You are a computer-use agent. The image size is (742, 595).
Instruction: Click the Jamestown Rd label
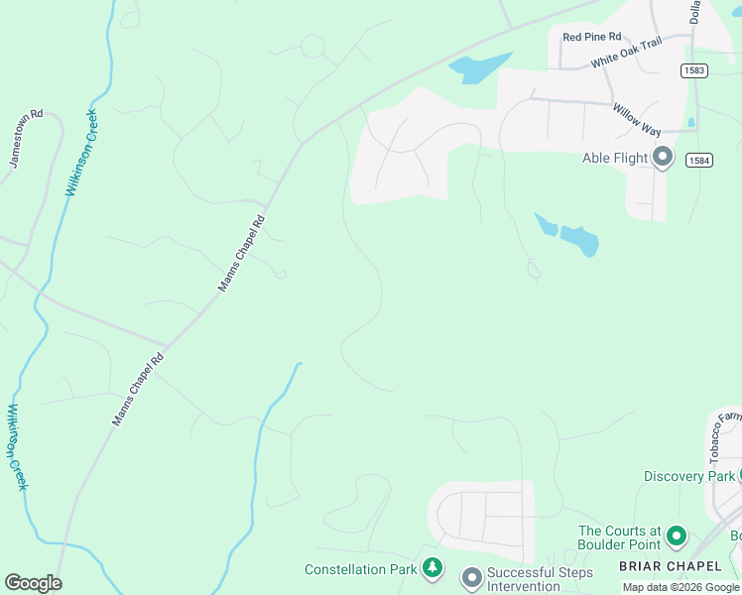click(x=27, y=139)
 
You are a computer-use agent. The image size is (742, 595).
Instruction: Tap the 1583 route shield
click(x=693, y=69)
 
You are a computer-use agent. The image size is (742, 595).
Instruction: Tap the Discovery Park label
click(x=687, y=476)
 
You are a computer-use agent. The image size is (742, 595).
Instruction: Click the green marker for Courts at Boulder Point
click(x=677, y=536)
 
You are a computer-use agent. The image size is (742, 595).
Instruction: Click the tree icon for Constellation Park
click(x=433, y=568)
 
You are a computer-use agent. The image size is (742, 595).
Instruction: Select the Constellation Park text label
click(x=359, y=569)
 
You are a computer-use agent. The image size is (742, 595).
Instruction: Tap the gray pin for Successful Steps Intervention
click(x=471, y=576)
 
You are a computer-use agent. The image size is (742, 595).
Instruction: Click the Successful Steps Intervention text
click(x=540, y=579)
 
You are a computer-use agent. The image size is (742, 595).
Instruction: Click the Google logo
click(x=33, y=583)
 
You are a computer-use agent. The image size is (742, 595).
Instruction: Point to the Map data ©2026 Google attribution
click(x=680, y=587)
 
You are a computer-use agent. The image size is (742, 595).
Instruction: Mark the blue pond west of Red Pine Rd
click(x=478, y=68)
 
